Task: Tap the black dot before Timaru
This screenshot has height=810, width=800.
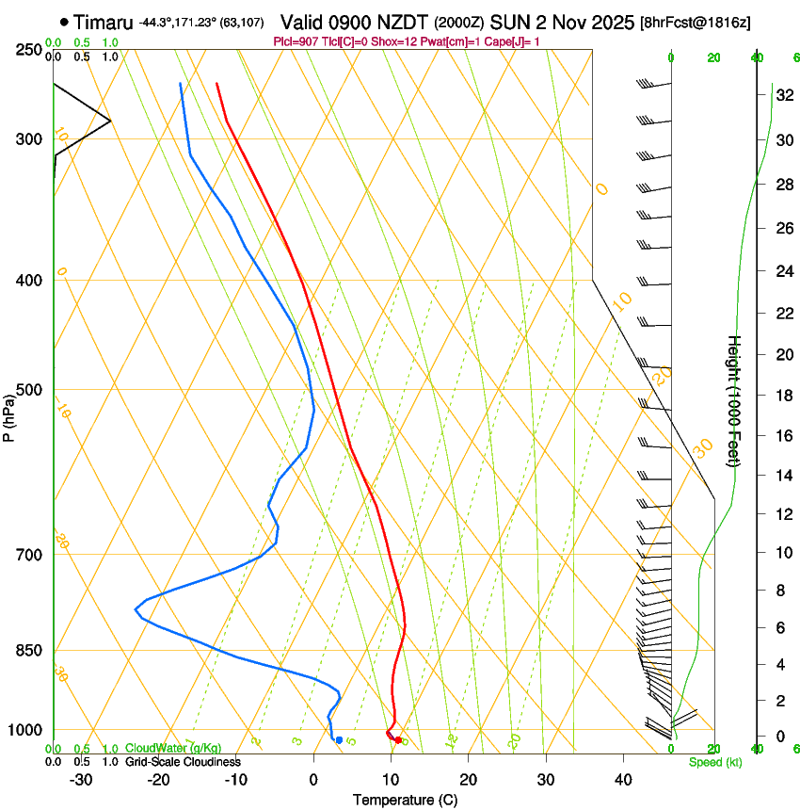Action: tap(64, 21)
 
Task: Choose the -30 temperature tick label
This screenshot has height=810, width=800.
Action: tap(81, 779)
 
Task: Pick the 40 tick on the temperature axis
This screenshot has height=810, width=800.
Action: tap(622, 779)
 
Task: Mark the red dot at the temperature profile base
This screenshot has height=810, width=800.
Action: tap(398, 740)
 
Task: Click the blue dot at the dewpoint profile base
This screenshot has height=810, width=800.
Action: tap(339, 740)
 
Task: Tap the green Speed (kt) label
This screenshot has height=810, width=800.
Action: tap(714, 762)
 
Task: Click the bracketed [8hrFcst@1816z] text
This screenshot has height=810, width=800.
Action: tap(695, 22)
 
